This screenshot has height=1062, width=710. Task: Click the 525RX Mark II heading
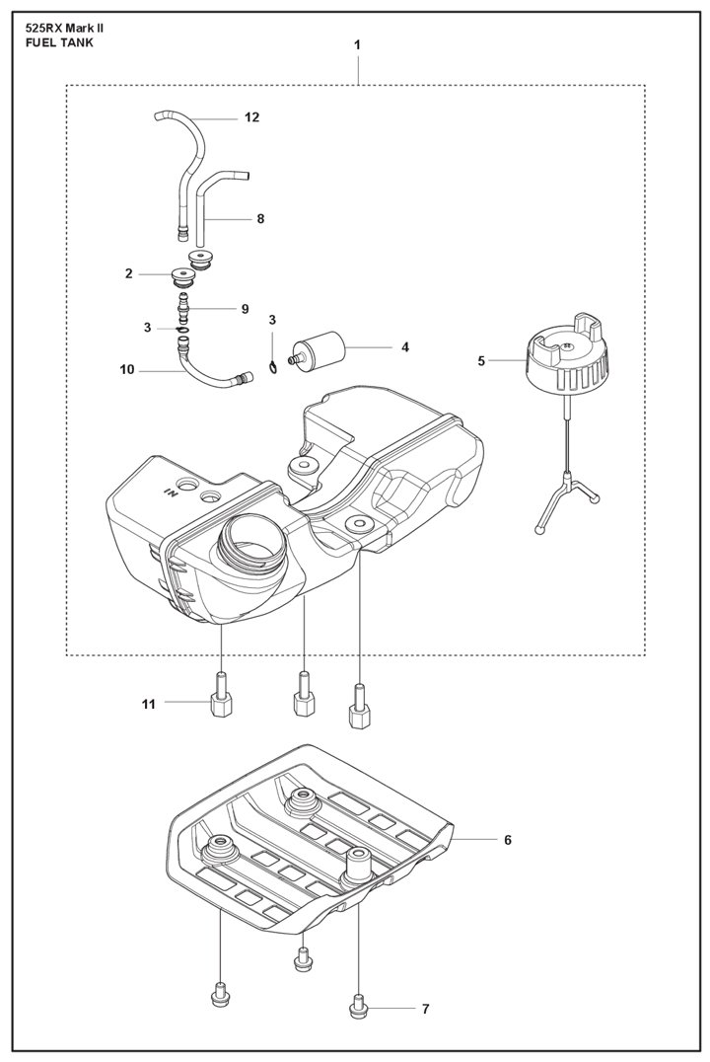pos(64,29)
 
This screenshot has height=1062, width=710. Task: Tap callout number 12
pos(251,117)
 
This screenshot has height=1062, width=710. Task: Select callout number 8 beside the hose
pos(260,219)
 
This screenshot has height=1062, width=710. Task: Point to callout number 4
pos(404,347)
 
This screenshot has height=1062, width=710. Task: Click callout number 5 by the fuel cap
pos(481,361)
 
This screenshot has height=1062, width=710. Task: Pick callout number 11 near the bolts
pos(149,704)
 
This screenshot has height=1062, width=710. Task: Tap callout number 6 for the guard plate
pos(508,840)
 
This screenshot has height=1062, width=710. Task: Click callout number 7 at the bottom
pos(425,1009)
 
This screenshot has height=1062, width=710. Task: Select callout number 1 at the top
pos(357,45)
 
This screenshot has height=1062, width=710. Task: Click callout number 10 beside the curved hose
pos(126,370)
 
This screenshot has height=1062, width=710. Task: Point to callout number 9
pos(245,309)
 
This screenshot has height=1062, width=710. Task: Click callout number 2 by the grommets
pos(128,273)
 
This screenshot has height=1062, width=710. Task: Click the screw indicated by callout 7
pos(358,1007)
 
